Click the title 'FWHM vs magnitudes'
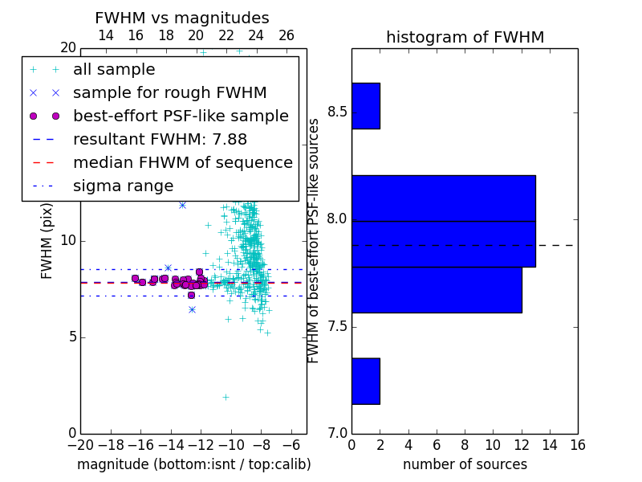pos(182,18)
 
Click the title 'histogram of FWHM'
pos(465,37)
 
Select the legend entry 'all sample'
pos(114,69)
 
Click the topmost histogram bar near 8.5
pos(366,106)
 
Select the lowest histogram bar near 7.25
pos(366,381)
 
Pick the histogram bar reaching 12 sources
pos(437,290)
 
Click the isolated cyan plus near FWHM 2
pos(226,397)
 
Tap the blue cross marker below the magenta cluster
pos(192,310)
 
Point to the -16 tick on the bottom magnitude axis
pos(141,445)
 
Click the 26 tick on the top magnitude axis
pos(286,35)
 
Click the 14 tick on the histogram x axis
pos(550,445)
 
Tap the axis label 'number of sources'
pos(465,464)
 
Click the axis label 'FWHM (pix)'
pos(47,241)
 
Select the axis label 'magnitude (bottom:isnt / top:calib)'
pos(194,464)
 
